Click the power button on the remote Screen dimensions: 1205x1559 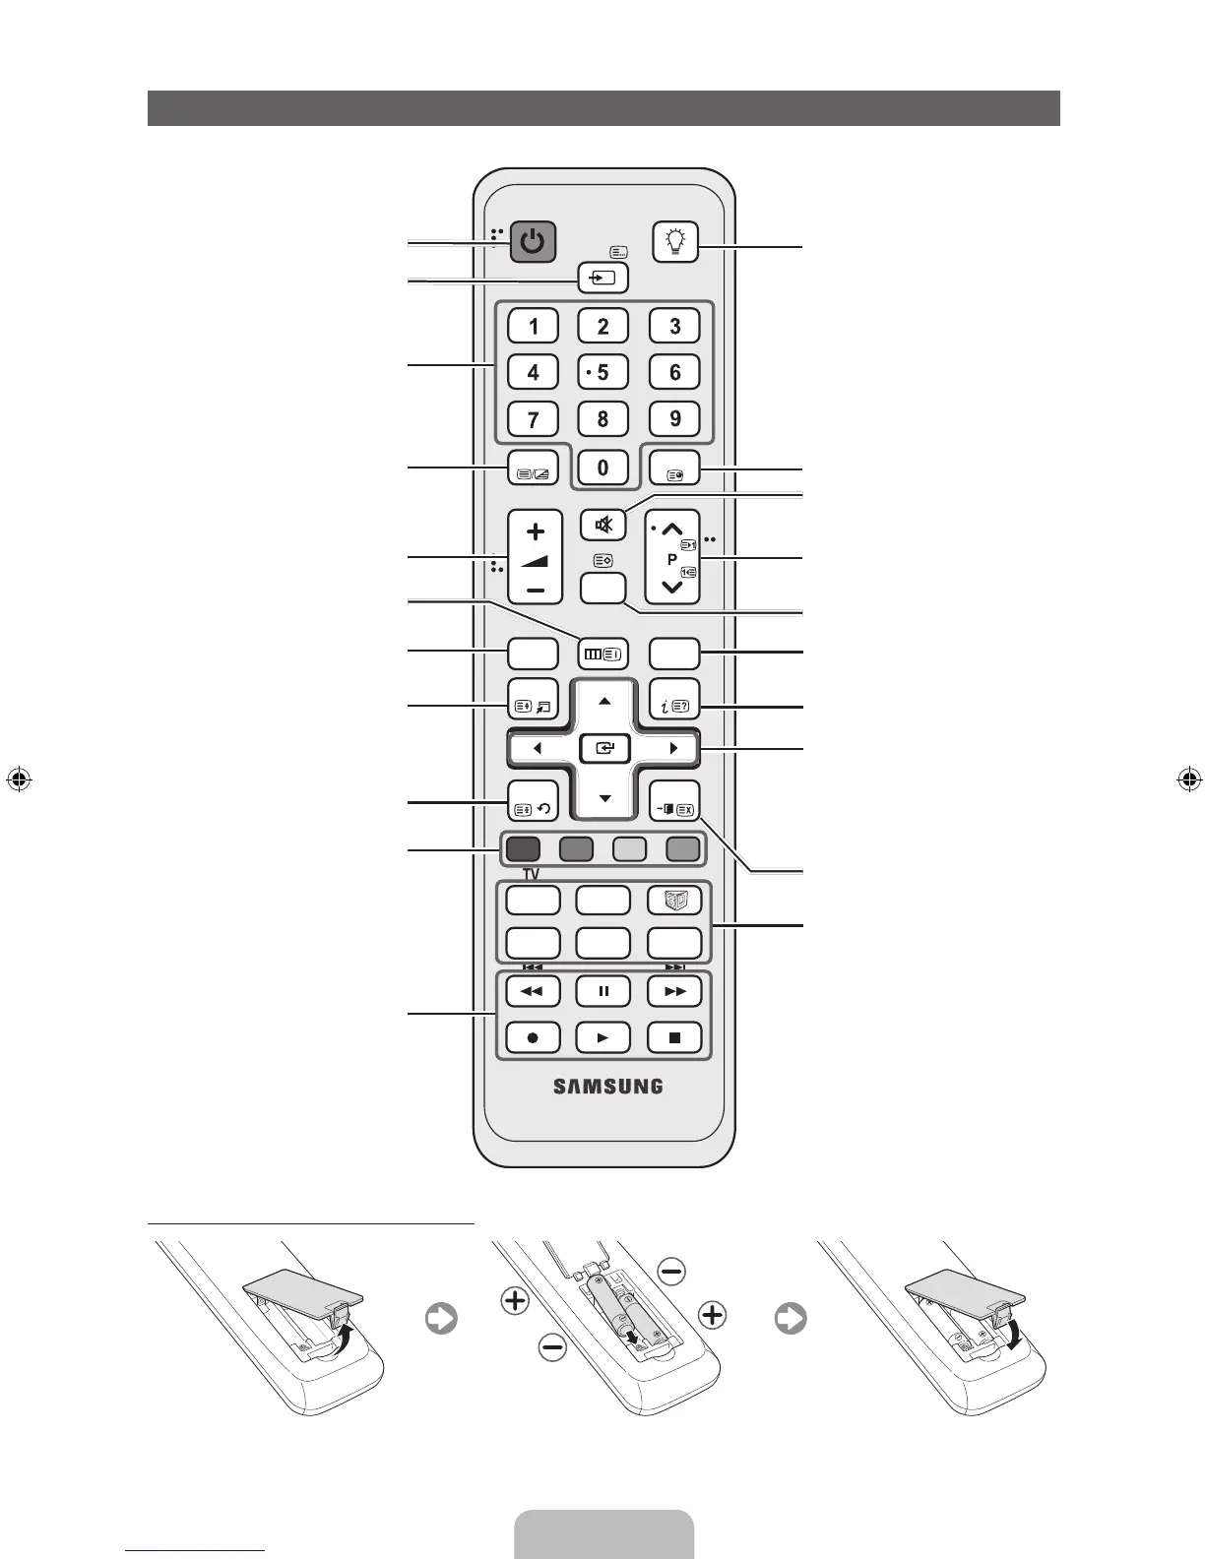pyautogui.click(x=533, y=241)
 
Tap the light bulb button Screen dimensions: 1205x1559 pyautogui.click(x=675, y=241)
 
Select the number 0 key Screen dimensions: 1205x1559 pyautogui.click(x=603, y=468)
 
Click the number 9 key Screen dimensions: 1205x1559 pyautogui.click(x=674, y=419)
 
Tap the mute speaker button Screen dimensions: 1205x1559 pyautogui.click(x=603, y=525)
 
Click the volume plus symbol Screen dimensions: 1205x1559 pyautogui.click(x=535, y=532)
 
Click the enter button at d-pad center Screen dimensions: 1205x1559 pyautogui.click(x=603, y=749)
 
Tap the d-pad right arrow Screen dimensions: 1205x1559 pyautogui.click(x=673, y=749)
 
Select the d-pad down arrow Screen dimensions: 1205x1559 pyautogui.click(x=604, y=798)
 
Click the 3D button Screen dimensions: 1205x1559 pyautogui.click(x=674, y=900)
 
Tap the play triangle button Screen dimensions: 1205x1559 pyautogui.click(x=603, y=1037)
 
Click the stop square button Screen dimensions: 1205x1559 pyautogui.click(x=674, y=1037)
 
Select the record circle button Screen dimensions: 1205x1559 pyautogui.click(x=533, y=1037)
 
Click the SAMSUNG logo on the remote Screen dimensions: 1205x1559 pyautogui.click(x=607, y=1087)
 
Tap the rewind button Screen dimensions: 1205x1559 pyautogui.click(x=533, y=991)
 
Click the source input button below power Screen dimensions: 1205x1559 pyautogui.click(x=603, y=279)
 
